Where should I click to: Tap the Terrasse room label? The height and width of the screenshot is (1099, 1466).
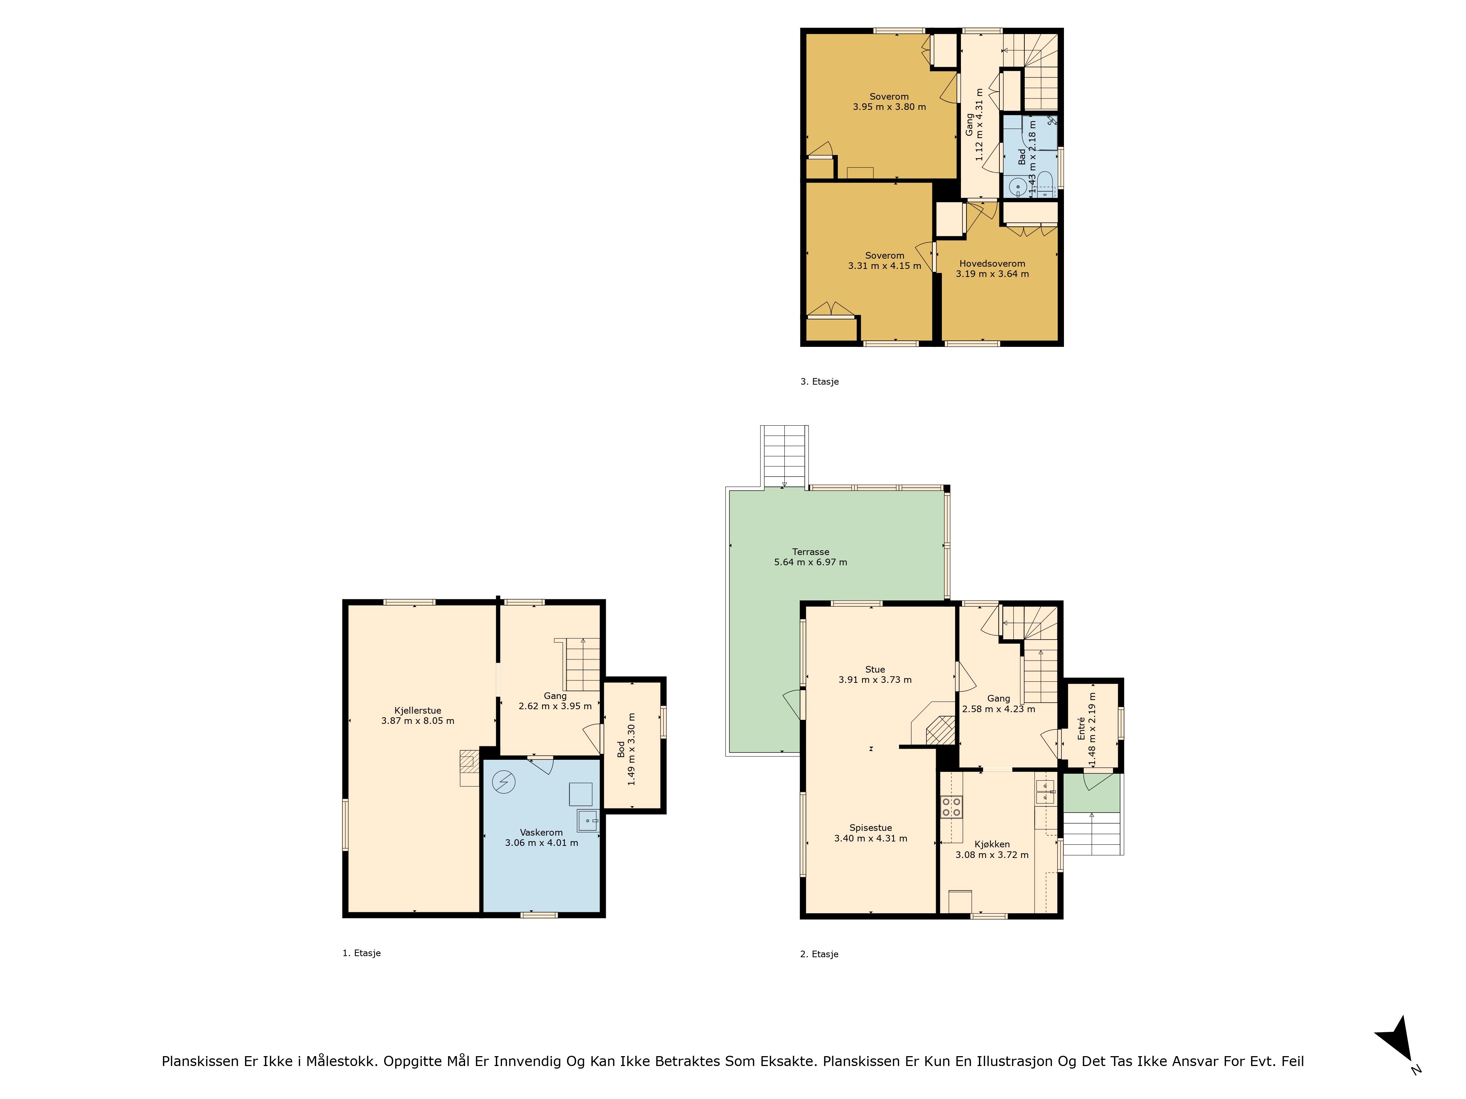tap(811, 552)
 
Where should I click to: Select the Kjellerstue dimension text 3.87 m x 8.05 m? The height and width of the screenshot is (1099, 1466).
tap(417, 721)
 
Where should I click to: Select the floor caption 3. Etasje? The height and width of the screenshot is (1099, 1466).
tap(820, 382)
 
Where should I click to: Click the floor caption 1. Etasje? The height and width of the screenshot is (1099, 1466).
tap(361, 953)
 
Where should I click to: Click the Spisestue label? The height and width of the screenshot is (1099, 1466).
tap(871, 828)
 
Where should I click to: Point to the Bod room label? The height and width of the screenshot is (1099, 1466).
tap(621, 749)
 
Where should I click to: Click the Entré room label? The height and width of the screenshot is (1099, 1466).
tap(1082, 728)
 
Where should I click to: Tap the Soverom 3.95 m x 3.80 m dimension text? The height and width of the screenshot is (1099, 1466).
tap(889, 107)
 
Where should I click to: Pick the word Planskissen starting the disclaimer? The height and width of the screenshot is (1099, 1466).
tap(200, 1061)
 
